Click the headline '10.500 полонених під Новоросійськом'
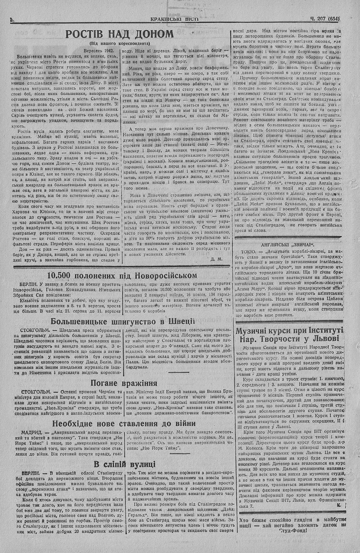pyautogui.click(x=122, y=276)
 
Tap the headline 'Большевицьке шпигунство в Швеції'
pyautogui.click(x=122, y=321)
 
